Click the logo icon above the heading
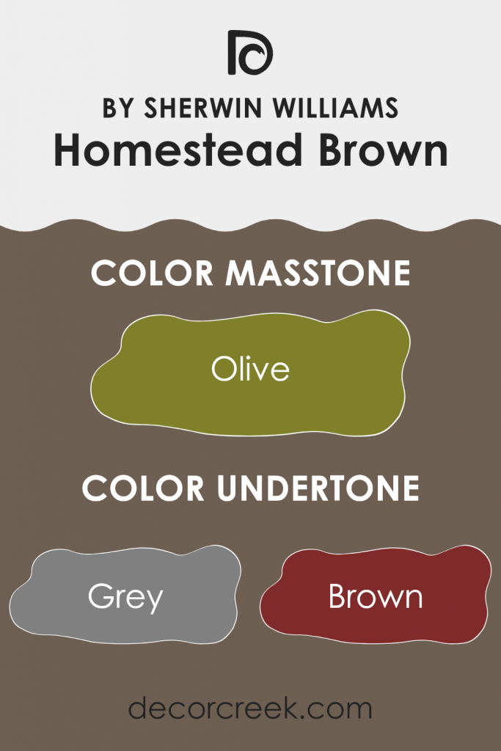point(250,53)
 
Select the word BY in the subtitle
point(117,108)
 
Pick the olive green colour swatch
point(250,396)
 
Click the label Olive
point(250,368)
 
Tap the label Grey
point(125,598)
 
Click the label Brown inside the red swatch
point(376,597)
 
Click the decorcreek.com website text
point(250,709)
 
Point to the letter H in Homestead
point(67,151)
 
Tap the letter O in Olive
point(222,369)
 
